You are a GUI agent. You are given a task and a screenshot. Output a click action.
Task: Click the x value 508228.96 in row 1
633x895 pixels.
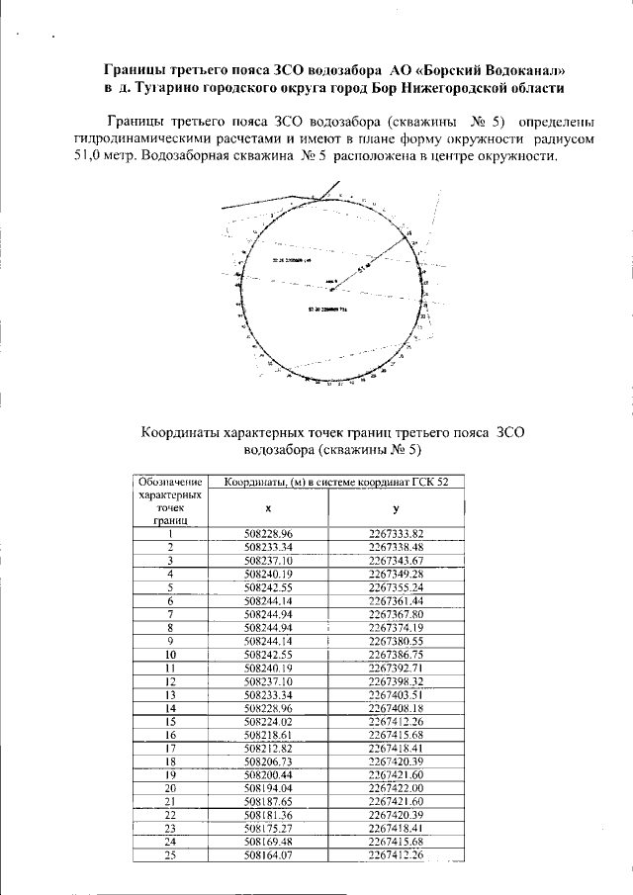tap(269, 534)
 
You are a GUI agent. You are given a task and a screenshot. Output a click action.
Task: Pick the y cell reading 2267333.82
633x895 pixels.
tap(396, 534)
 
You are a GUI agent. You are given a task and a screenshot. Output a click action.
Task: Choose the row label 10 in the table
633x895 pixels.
tap(170, 655)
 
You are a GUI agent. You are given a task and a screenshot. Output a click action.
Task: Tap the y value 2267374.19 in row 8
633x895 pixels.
tap(396, 628)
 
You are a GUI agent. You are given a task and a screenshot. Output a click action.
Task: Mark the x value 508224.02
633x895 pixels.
tap(269, 722)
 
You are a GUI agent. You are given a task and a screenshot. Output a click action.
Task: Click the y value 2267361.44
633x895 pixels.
tap(396, 600)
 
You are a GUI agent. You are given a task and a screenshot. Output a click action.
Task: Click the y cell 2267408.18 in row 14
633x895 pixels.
tap(396, 708)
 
